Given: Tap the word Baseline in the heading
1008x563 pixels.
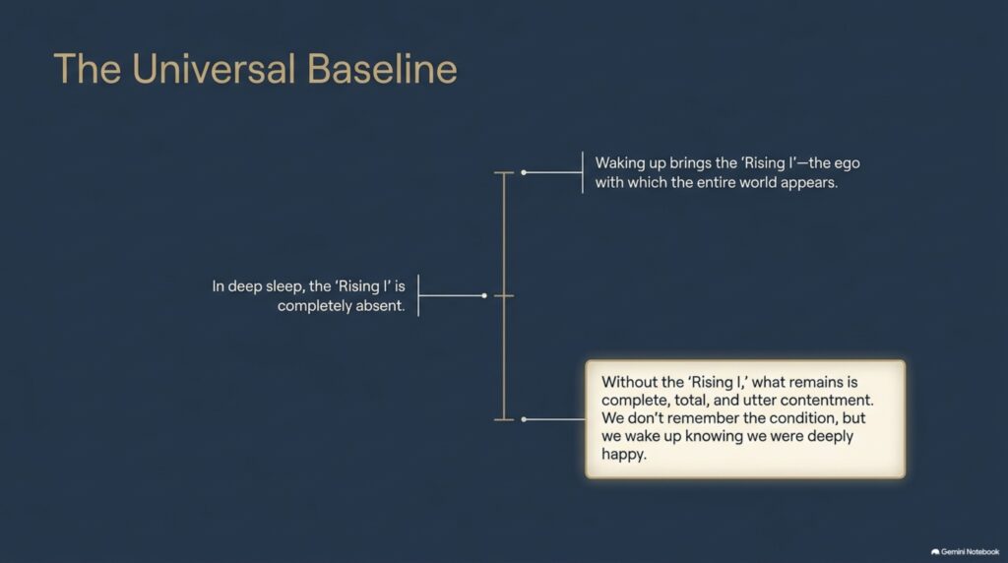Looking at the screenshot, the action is [382, 69].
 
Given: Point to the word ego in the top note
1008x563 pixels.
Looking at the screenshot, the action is [848, 164].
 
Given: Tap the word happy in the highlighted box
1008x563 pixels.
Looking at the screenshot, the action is [623, 455].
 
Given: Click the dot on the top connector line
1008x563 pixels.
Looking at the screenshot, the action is [524, 172].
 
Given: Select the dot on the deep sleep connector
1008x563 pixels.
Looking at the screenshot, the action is [484, 295].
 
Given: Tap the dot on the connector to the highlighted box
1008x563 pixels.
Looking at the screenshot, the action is [524, 419].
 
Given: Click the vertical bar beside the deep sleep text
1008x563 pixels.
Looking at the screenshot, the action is [418, 295].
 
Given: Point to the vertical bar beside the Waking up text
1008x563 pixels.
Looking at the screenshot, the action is [583, 172].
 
